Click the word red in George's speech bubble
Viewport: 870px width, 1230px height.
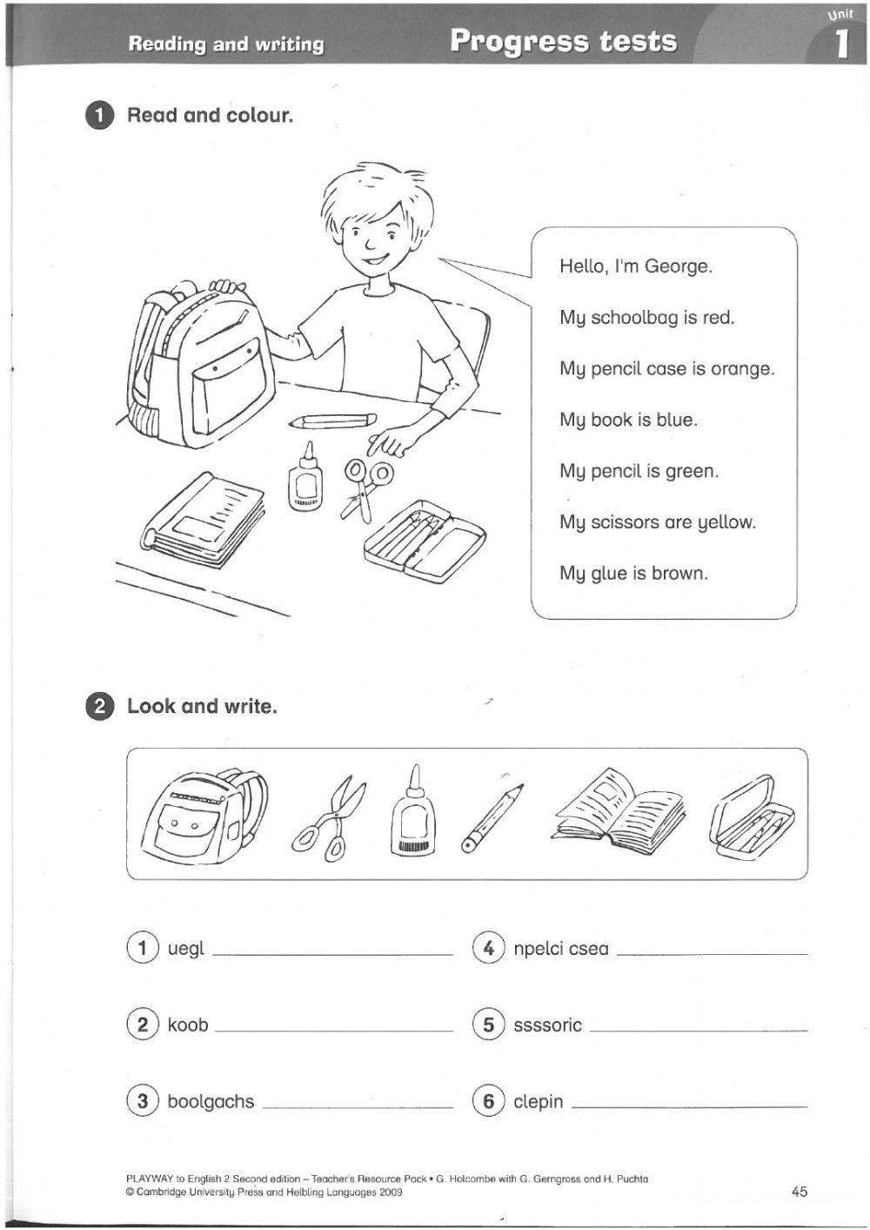[x=718, y=318]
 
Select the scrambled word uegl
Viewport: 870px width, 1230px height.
[x=185, y=949]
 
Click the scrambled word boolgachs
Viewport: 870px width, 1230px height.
[x=211, y=1102]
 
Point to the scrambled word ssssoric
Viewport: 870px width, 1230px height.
[x=547, y=1025]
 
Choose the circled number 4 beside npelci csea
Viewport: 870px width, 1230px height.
[x=488, y=947]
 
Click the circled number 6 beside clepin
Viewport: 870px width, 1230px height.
[x=488, y=1101]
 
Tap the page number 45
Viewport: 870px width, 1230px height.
[x=800, y=1192]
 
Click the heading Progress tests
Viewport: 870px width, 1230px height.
[x=563, y=41]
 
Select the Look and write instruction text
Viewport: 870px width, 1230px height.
[x=202, y=707]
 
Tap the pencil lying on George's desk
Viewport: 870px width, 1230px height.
[x=334, y=421]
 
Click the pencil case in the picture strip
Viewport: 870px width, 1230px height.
[x=752, y=818]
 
